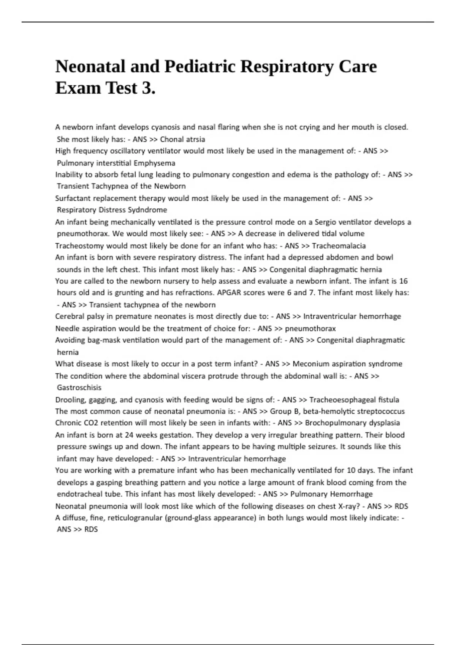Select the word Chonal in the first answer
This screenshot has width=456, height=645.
(172, 139)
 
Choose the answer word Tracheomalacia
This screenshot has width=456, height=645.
(339, 246)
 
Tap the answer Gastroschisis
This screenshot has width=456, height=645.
(79, 388)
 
